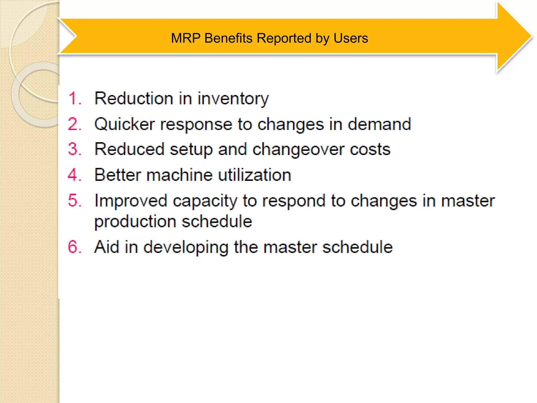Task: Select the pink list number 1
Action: coord(74,99)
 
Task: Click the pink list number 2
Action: coord(74,124)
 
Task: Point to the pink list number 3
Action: coord(74,149)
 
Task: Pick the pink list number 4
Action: coord(74,175)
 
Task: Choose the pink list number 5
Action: coord(74,200)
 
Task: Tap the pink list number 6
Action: coord(74,247)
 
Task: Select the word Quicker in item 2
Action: coord(125,124)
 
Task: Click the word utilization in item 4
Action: coord(254,175)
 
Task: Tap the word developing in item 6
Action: coord(186,247)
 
